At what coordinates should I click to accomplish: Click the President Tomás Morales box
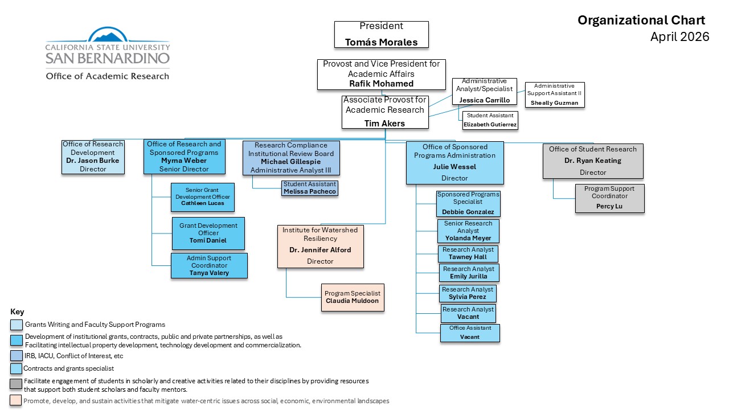click(381, 34)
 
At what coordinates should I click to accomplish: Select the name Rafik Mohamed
click(381, 84)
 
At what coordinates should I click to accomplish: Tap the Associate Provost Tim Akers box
click(384, 112)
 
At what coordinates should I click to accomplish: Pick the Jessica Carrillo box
click(484, 92)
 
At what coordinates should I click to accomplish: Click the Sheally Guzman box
click(554, 95)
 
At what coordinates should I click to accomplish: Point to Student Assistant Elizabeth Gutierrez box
click(490, 120)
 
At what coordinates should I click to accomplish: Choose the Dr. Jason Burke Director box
click(93, 157)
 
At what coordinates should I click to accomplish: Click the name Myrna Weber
click(184, 161)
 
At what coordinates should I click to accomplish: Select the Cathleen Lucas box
click(202, 196)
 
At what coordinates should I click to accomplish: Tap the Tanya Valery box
click(209, 265)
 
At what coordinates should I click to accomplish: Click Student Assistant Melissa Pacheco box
click(309, 188)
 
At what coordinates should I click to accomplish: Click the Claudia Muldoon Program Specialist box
click(352, 297)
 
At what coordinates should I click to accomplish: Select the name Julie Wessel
click(454, 167)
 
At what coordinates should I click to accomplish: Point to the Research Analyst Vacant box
click(468, 313)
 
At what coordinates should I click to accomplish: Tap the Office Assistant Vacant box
click(469, 333)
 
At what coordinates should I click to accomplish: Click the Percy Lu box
click(609, 198)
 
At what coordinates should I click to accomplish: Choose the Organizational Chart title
click(641, 20)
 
